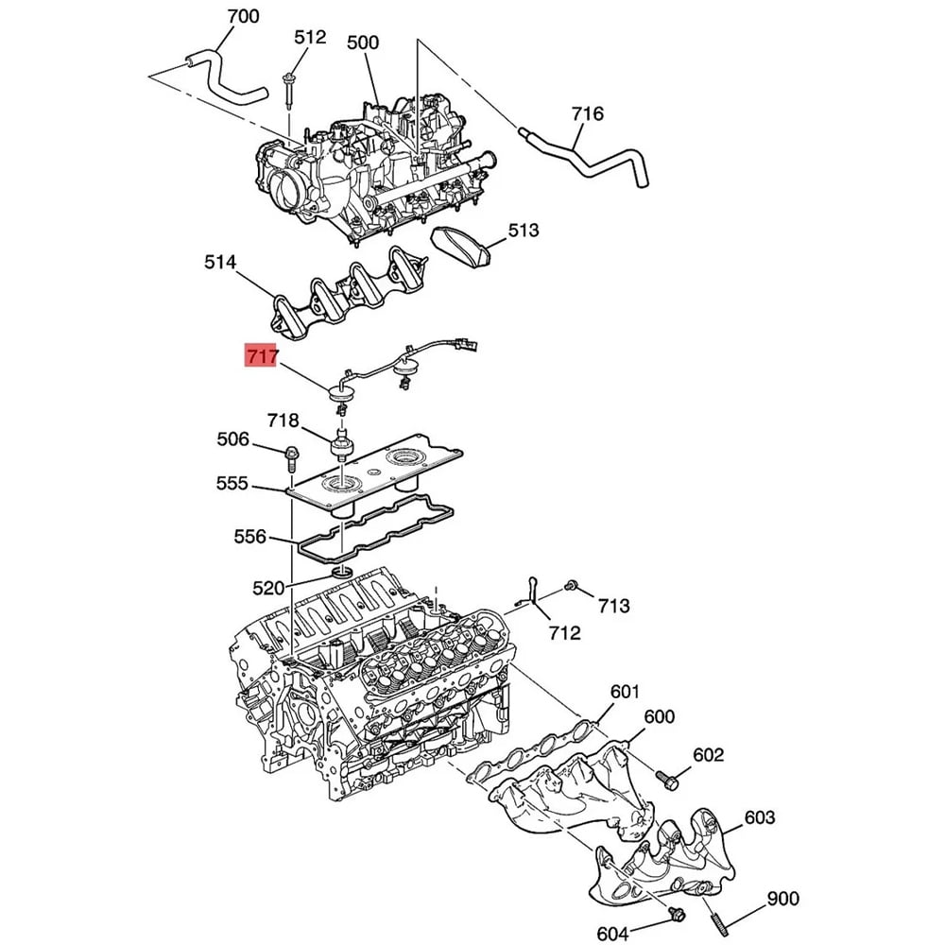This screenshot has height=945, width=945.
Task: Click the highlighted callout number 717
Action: coord(262,355)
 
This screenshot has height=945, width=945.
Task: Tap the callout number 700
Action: coord(243,16)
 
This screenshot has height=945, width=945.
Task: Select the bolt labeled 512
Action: coord(288,91)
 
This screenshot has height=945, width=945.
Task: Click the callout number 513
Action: coord(524,231)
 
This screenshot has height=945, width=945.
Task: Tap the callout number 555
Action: coord(232,483)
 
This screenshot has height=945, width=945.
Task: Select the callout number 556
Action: coord(249,536)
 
